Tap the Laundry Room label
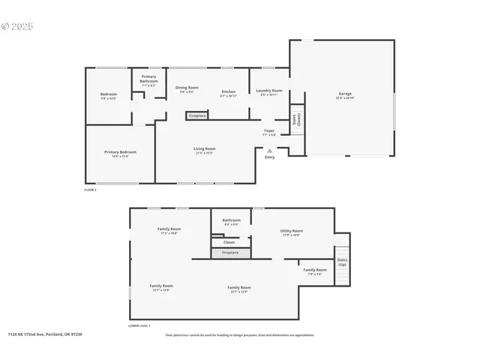point(270,91)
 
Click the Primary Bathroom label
point(148,82)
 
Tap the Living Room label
point(205,150)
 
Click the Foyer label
point(269,132)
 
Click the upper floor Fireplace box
point(197,116)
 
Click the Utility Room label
point(292,232)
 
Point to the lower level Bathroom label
point(231,221)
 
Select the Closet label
point(229,242)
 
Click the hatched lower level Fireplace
point(229,253)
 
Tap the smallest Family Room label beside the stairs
point(314,271)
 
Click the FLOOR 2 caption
point(90,190)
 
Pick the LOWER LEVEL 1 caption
point(139,325)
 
